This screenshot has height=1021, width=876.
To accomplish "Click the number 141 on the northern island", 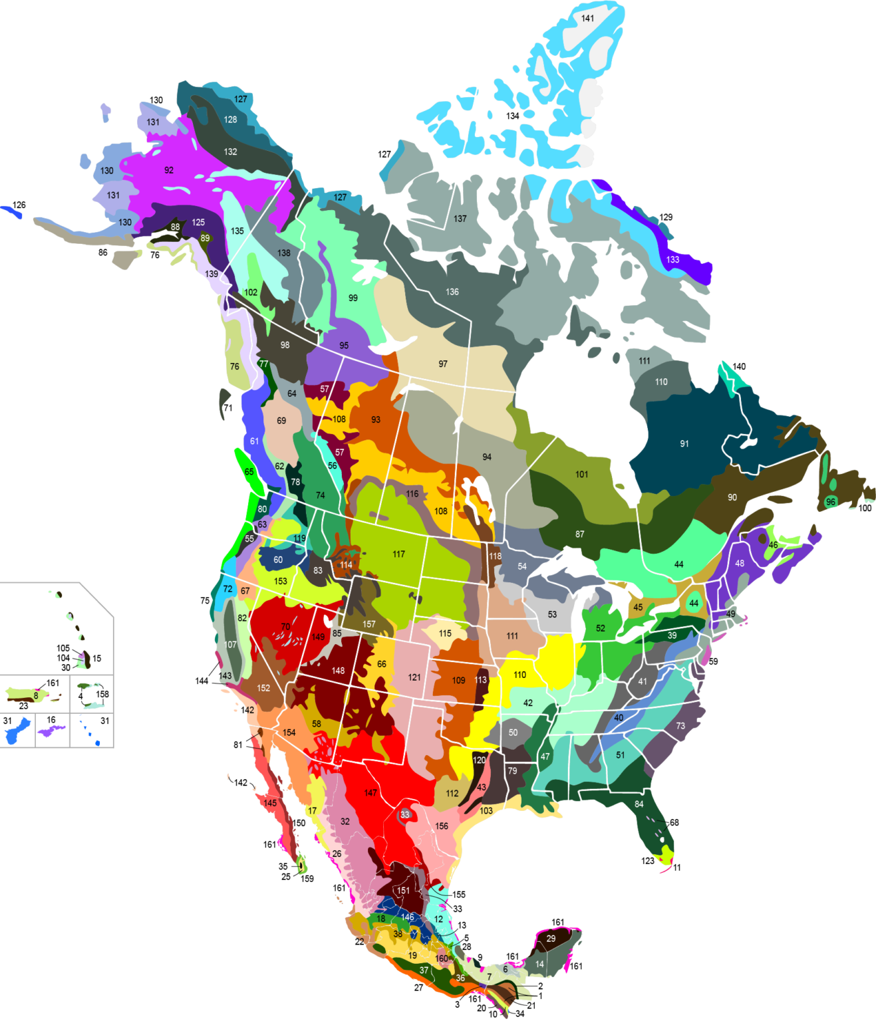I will coord(587,19).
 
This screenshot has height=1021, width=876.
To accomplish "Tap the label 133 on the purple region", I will coord(673,260).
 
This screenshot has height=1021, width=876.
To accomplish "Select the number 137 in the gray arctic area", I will coord(460,219).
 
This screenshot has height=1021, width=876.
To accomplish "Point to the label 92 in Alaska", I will coord(169,170).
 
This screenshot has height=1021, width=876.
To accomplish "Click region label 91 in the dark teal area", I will coord(684,443).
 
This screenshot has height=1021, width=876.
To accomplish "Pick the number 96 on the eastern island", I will coord(830,502).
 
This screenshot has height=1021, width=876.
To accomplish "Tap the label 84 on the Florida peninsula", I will coord(639,804).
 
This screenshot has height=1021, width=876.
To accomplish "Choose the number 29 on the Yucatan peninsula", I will coord(551,939).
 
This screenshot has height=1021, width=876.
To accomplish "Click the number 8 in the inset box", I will coord(36,696).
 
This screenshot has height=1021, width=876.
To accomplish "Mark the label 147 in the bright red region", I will coord(370,793).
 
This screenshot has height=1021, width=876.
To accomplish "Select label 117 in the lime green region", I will coord(398,554).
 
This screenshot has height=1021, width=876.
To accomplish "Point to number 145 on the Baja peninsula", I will coord(269,804).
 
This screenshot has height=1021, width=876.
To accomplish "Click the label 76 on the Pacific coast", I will coord(234,366).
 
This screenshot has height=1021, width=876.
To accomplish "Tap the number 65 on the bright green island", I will coord(249,472).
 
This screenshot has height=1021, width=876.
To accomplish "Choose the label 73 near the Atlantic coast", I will coord(680,726).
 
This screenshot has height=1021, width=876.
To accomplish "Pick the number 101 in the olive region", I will coord(581,475).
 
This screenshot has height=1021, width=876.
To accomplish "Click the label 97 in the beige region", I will coord(443,364).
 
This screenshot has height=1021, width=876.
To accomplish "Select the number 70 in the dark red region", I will coord(285,626).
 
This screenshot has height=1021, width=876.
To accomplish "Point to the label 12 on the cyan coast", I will coord(438,919).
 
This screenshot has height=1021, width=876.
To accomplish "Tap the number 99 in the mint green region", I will coord(353,298).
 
